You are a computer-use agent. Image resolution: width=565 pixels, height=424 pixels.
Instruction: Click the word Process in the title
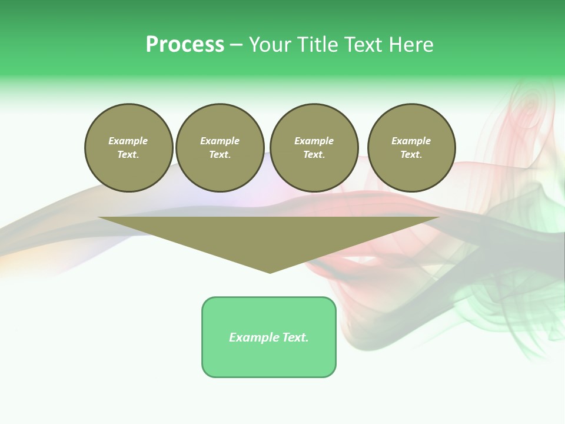point(185,45)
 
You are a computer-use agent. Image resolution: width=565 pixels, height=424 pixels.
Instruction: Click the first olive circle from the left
point(129,148)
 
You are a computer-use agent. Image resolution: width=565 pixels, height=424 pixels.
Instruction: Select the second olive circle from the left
point(220,148)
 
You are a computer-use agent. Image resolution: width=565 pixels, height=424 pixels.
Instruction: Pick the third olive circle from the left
point(314,148)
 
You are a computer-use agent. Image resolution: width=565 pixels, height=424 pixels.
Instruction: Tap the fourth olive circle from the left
point(411,148)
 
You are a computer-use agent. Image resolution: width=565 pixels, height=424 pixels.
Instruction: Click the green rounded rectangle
point(269,337)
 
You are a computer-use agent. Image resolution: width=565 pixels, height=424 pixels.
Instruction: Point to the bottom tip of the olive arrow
point(270,272)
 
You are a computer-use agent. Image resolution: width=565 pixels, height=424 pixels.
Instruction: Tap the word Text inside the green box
point(294,337)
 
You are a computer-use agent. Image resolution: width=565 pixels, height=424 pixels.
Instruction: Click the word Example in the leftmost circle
point(128,141)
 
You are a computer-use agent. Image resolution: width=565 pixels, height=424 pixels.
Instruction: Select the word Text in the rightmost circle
point(411,155)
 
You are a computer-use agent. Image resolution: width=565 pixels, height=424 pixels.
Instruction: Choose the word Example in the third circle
point(314,141)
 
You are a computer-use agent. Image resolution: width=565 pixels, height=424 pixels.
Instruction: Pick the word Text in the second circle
point(220,155)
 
